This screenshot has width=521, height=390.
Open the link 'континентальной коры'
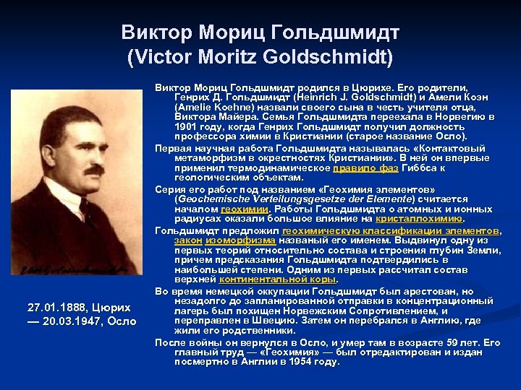pos(278,279)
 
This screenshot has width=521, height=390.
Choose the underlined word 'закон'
pos(187,240)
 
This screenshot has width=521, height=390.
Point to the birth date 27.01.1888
pos(47,305)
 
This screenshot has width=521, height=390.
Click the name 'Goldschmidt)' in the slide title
pos(339,57)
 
